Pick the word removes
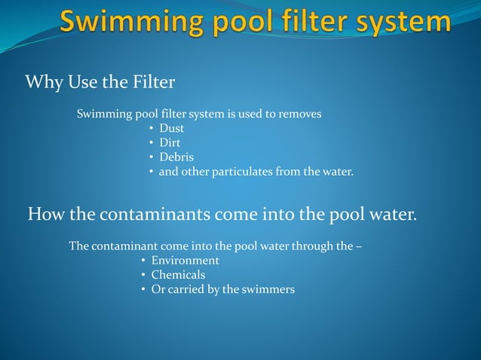click(300, 114)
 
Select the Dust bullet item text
click(171, 129)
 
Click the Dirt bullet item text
click(170, 143)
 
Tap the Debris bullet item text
click(176, 157)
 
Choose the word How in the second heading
click(46, 215)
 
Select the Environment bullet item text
click(185, 261)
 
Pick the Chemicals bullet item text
click(178, 275)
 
